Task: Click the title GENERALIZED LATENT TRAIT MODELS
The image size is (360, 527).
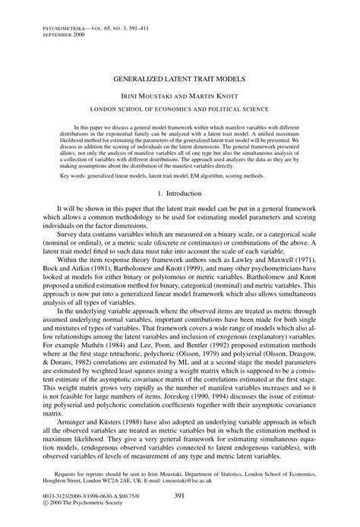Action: (x=180, y=77)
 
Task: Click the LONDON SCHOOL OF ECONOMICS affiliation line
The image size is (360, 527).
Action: (x=180, y=109)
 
